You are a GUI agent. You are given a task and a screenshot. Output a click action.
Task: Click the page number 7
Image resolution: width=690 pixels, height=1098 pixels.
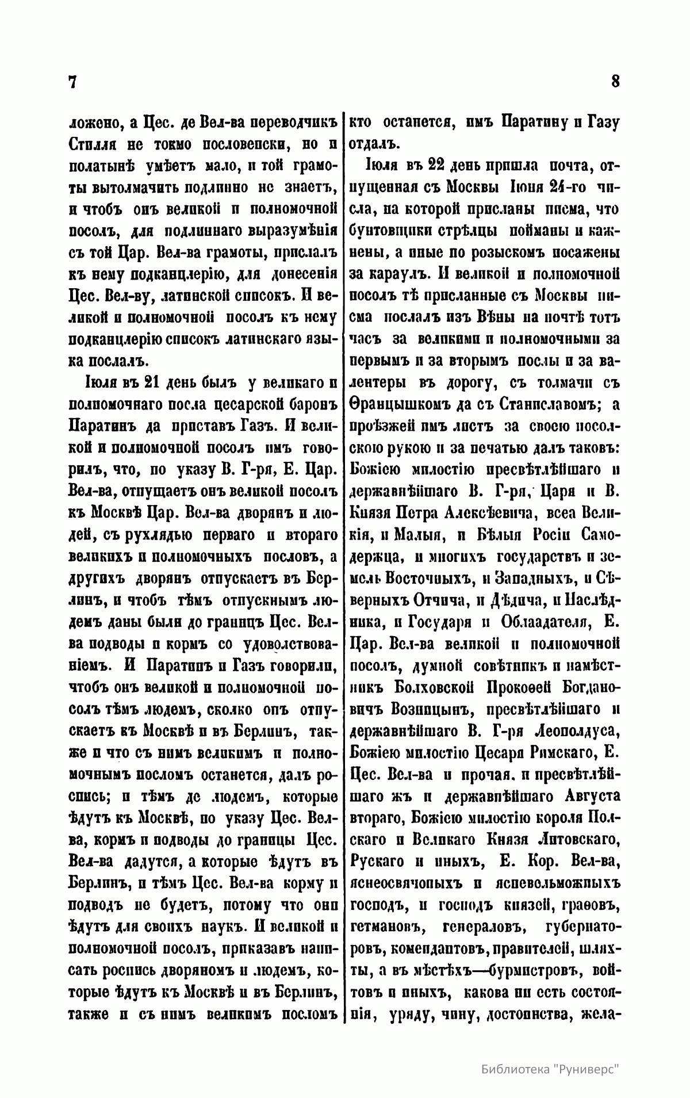tap(72, 82)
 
